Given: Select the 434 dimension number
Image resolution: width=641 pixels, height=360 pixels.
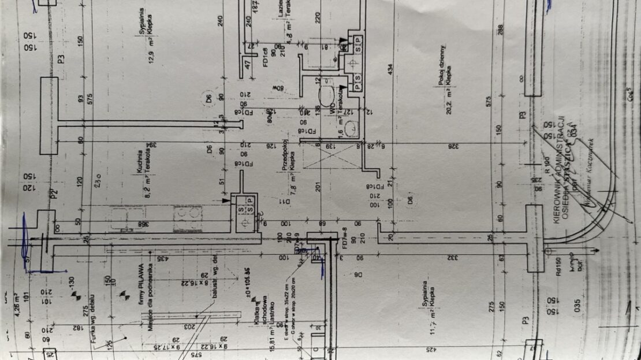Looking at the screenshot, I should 390,71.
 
